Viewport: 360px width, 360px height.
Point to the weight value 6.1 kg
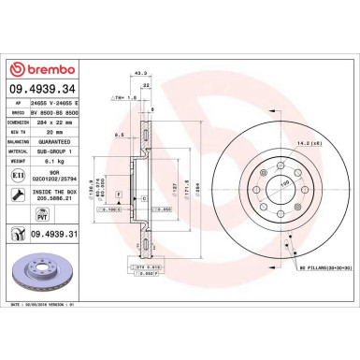(49, 161)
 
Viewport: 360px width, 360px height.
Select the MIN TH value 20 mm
(48, 132)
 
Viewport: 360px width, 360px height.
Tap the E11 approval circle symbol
(18, 174)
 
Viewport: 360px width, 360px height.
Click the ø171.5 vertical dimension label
(191, 174)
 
